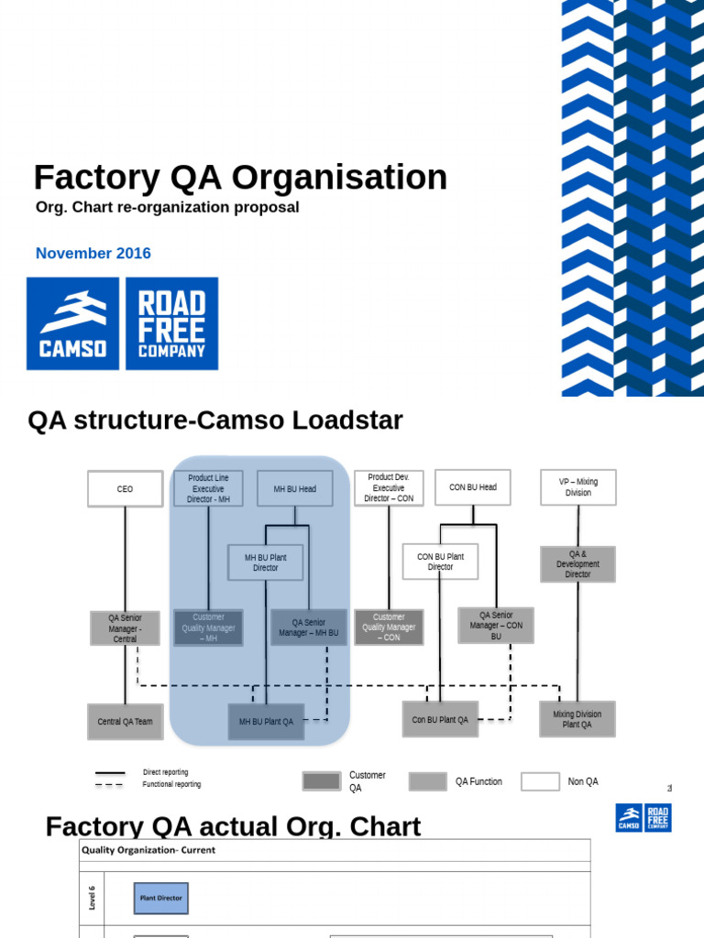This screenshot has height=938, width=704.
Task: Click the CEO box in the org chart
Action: tap(125, 489)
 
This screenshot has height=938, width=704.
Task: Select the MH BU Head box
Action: tap(294, 489)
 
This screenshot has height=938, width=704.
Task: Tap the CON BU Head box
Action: tap(472, 487)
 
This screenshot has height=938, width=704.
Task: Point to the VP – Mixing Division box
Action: tap(577, 487)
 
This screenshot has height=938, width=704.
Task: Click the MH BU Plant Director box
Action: tap(265, 562)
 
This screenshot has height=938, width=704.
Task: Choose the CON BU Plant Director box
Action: tap(440, 562)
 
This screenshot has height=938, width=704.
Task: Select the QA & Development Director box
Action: tap(577, 564)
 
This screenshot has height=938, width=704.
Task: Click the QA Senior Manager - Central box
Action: tap(125, 628)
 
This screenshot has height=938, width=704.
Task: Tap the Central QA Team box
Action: tap(125, 722)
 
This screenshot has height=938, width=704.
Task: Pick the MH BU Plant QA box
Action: tap(266, 722)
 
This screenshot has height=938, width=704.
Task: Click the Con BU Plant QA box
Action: tap(440, 720)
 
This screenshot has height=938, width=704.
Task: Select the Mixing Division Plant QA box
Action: tap(577, 720)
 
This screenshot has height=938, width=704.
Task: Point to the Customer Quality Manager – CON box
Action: tap(389, 627)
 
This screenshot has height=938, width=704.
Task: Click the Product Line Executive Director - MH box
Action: tap(208, 489)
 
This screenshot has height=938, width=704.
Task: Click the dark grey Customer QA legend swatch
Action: tap(321, 781)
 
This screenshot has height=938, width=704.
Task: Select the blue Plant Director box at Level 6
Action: tap(160, 898)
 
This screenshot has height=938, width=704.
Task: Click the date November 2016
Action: tap(93, 254)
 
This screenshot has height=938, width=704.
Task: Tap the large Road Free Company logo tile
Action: tap(171, 323)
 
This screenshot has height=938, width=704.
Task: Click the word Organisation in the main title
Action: tap(339, 178)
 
